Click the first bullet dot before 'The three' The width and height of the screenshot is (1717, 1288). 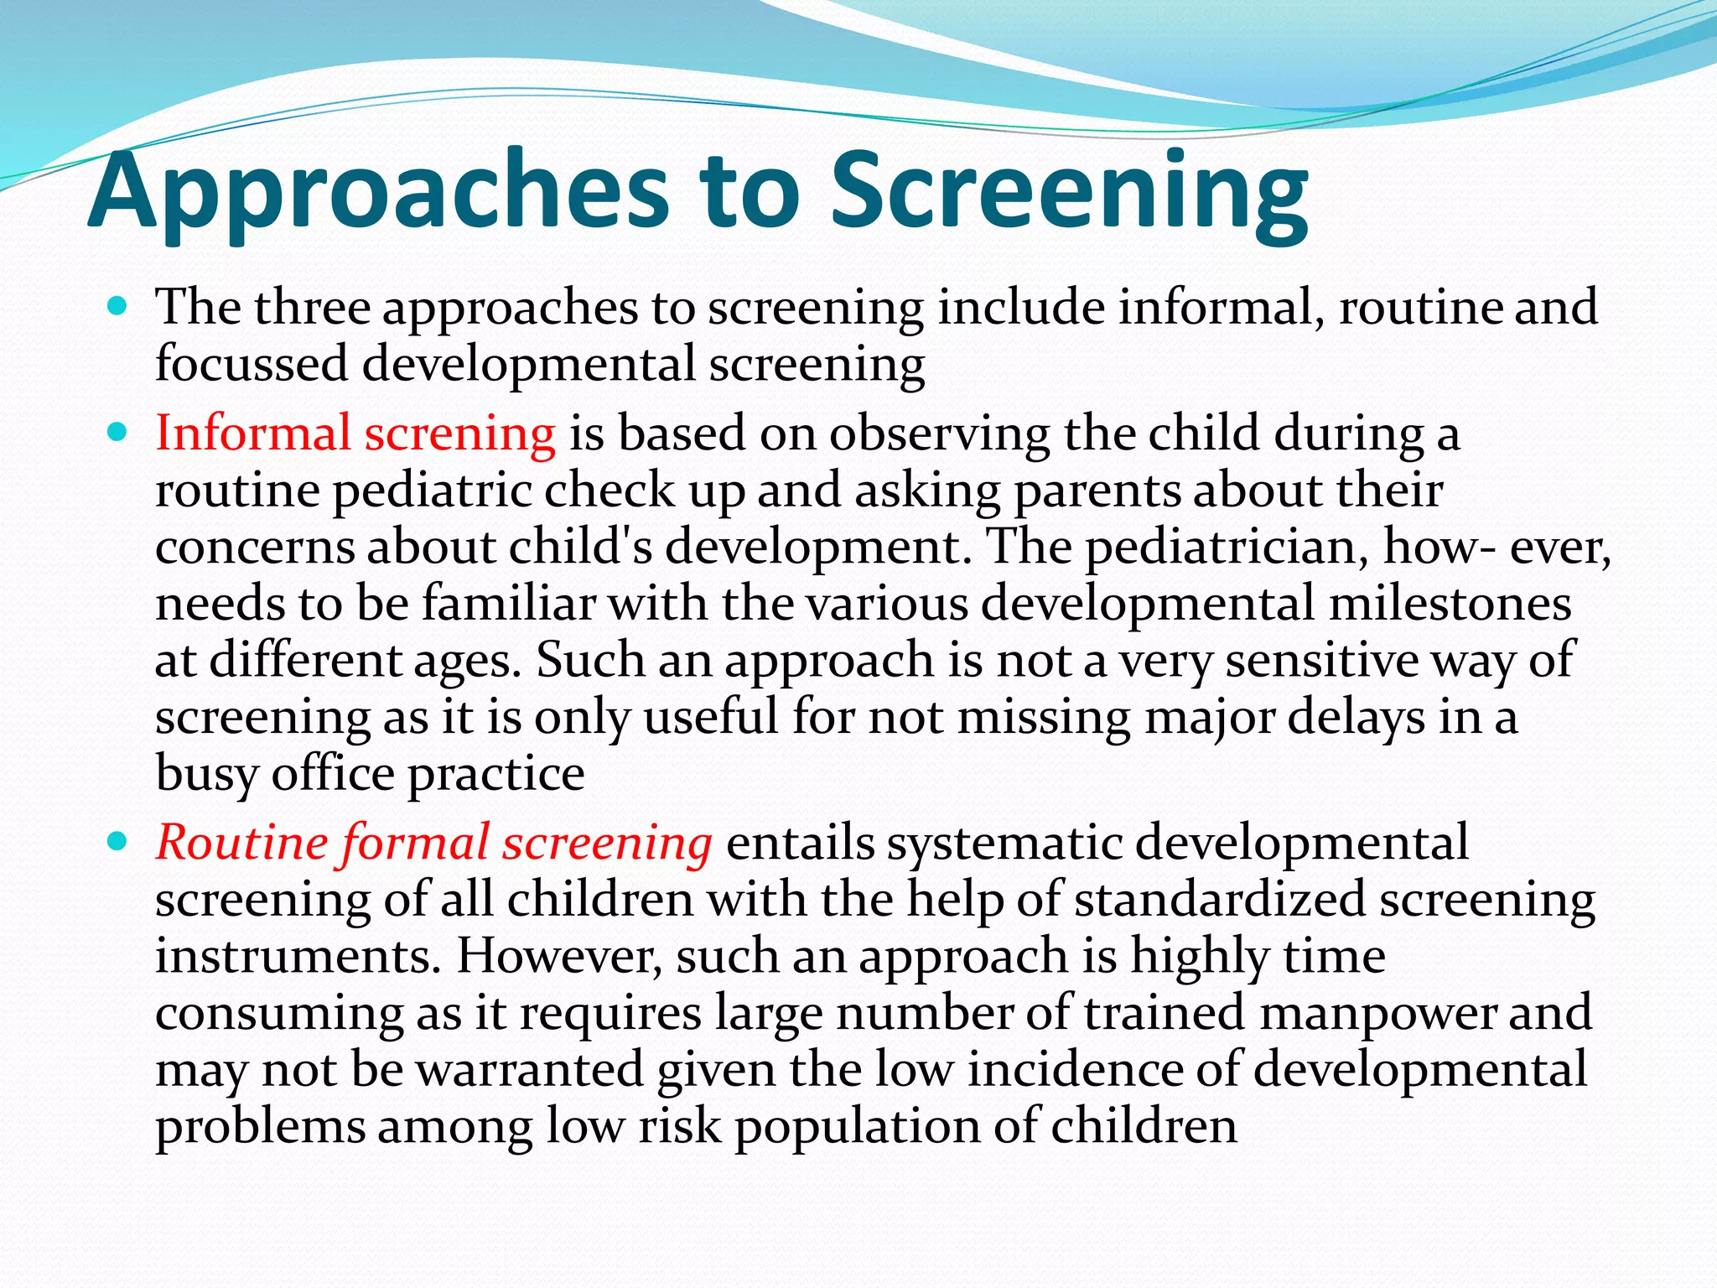pyautogui.click(x=118, y=307)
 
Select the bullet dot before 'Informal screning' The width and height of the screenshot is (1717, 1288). pyautogui.click(x=118, y=434)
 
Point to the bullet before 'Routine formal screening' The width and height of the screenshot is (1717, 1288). pyautogui.click(x=118, y=841)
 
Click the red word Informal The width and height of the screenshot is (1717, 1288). pyautogui.click(x=252, y=434)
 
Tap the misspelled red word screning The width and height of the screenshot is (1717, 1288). pyautogui.click(x=459, y=435)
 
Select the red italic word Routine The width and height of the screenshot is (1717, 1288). pyautogui.click(x=241, y=842)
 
